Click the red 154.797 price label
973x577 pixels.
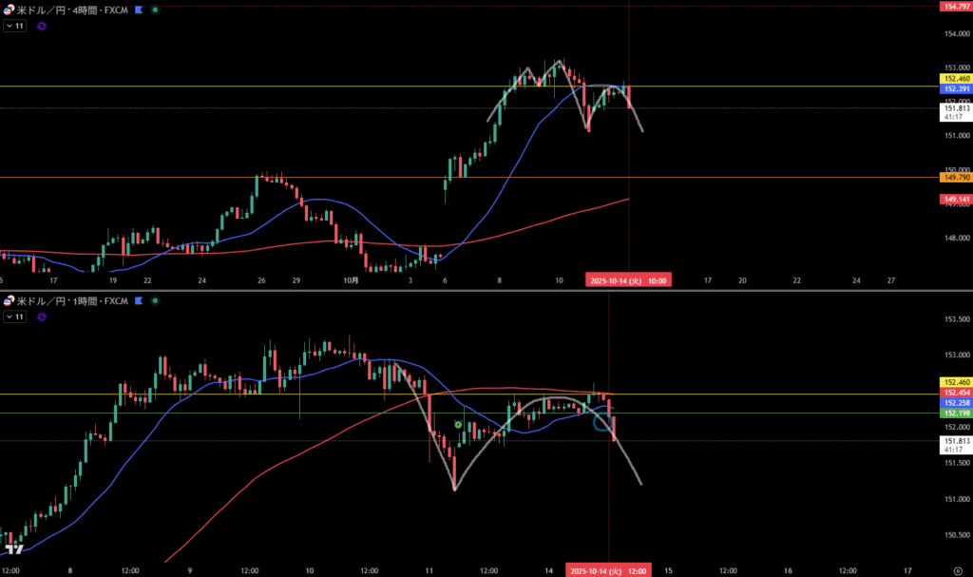pyautogui.click(x=954, y=7)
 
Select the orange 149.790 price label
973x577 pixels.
pyautogui.click(x=954, y=177)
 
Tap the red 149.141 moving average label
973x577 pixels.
pyautogui.click(x=954, y=199)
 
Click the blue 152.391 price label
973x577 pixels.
pyautogui.click(x=954, y=88)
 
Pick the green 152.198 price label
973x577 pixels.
pyautogui.click(x=954, y=414)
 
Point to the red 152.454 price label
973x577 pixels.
pyautogui.click(x=954, y=393)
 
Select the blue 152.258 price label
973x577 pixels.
pyautogui.click(x=954, y=403)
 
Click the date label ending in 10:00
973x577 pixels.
pyautogui.click(x=628, y=280)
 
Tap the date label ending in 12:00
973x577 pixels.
pyautogui.click(x=607, y=569)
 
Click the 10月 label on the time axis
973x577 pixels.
pyautogui.click(x=351, y=280)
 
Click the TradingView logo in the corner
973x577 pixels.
pyautogui.click(x=13, y=549)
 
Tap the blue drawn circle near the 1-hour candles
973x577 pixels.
pyautogui.click(x=602, y=422)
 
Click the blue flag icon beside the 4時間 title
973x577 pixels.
pyautogui.click(x=139, y=9)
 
